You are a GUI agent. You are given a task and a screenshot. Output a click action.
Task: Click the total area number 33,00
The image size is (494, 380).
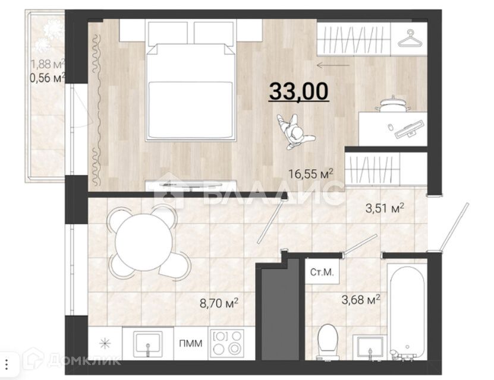pyautogui.click(x=299, y=92)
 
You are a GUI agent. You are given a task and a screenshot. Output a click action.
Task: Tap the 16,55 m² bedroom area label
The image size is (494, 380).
pyautogui.click(x=311, y=174)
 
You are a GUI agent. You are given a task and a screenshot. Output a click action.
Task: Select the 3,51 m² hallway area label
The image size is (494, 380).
pyautogui.click(x=384, y=208)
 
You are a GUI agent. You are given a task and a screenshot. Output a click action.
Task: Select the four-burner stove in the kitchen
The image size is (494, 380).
pyautogui.click(x=226, y=344)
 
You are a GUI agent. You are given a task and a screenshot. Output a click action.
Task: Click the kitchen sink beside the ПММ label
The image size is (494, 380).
pyautogui.click(x=146, y=344)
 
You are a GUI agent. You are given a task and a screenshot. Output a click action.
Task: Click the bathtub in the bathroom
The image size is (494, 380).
pyautogui.click(x=407, y=312)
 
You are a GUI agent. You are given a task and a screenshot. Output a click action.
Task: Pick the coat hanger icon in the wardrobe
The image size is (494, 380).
pyautogui.click(x=408, y=39)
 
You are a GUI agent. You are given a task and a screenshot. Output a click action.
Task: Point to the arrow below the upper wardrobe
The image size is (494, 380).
pyautogui.click(x=333, y=65)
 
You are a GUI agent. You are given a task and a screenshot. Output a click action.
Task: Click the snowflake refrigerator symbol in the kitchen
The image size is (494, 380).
pyautogui.click(x=105, y=344)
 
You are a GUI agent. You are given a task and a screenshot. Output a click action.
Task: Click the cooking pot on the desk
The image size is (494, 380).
pyautogui.click(x=392, y=104)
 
